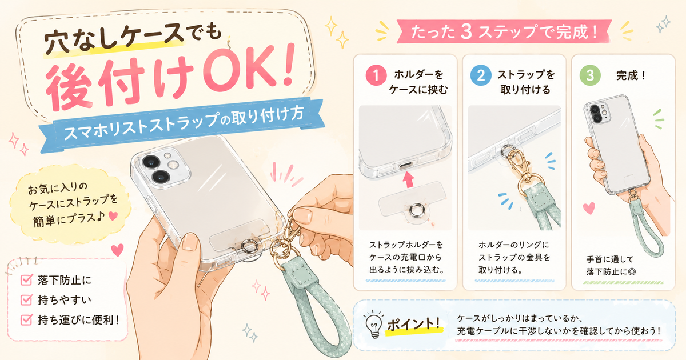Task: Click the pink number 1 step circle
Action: coord(376,75)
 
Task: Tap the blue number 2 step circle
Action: coord(481,75)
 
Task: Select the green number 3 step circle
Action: coord(590,75)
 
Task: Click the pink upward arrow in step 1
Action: coord(408,179)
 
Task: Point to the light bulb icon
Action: coord(374,324)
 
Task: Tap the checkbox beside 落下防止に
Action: coord(26,279)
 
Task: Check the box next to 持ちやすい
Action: coord(26,299)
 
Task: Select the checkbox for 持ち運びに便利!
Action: coord(26,319)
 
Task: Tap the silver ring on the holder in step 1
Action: coord(417,210)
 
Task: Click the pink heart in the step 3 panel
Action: coord(589,208)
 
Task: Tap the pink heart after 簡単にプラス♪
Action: coord(113,216)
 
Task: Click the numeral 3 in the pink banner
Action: coord(466,31)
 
